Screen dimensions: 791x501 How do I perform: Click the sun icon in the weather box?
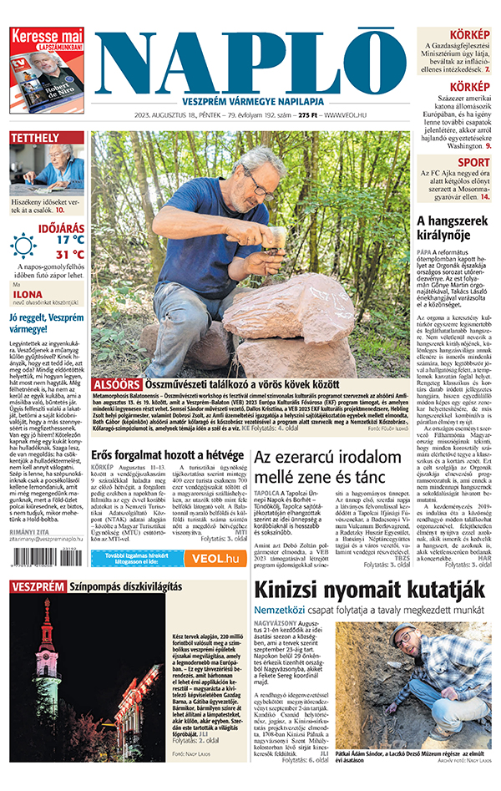[23, 245]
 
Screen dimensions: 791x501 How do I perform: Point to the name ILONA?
[28, 295]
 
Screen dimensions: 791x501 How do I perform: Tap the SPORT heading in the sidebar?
[473, 163]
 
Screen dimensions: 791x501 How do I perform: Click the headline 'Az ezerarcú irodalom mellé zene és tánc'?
[326, 467]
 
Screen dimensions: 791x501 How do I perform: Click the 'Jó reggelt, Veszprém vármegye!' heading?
[47, 323]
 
